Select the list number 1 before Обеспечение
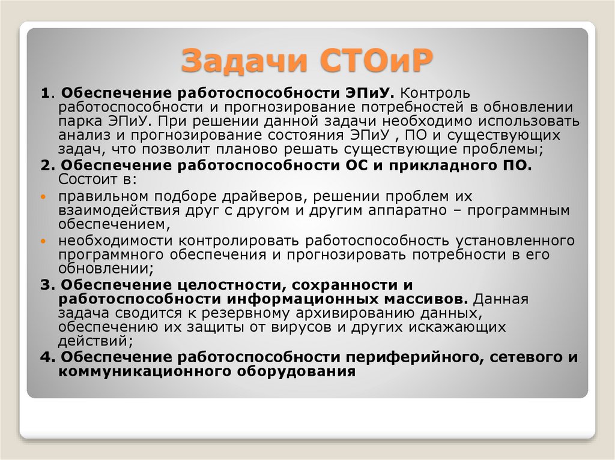click(44, 94)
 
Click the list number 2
click(45, 166)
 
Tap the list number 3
click(45, 285)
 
